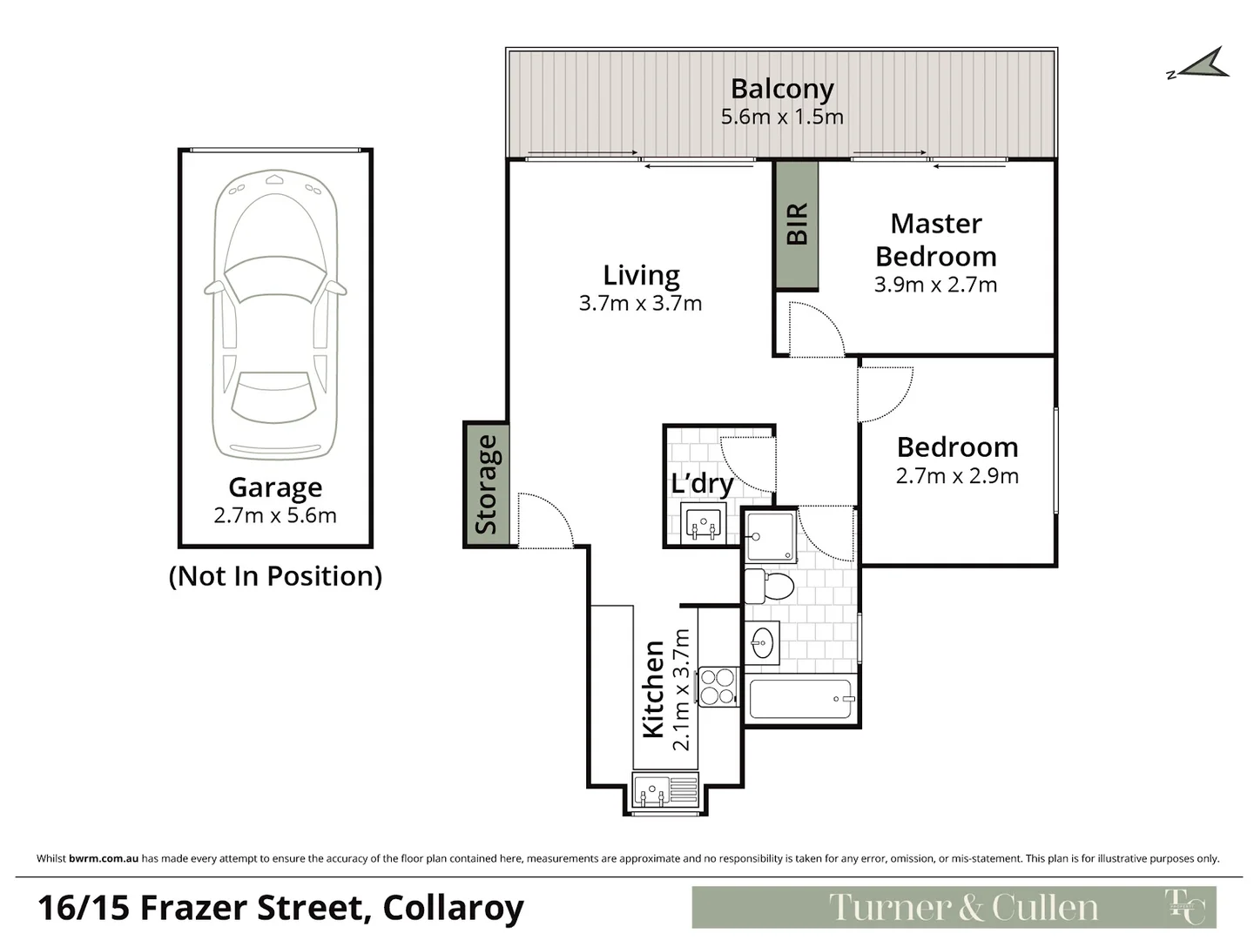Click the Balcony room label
(781, 89)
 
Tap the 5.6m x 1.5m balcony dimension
(781, 117)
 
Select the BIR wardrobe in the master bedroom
(797, 225)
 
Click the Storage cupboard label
(486, 485)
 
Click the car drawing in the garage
(275, 313)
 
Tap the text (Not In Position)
(275, 576)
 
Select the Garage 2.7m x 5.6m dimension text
(275, 515)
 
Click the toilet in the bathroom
(770, 586)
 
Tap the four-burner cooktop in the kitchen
(718, 686)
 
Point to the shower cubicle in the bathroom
(770, 535)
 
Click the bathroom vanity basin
(762, 643)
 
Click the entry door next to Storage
(545, 520)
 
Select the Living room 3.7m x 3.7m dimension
(640, 304)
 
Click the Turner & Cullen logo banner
(954, 908)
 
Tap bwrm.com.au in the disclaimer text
(104, 858)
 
